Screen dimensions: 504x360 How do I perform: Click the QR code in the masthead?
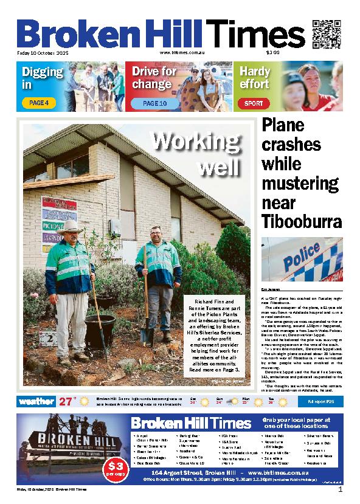pos(325,33)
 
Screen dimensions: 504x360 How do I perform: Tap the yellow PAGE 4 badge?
pos(39,103)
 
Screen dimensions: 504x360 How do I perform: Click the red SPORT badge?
pos(254,103)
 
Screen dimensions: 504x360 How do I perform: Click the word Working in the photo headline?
pos(196,143)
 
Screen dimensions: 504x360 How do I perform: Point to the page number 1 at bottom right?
pos(341,490)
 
